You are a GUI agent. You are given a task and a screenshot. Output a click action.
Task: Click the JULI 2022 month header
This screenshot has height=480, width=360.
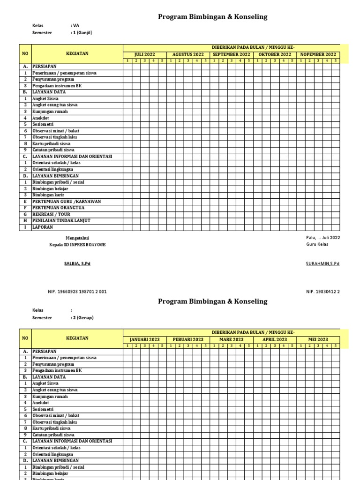point(144,54)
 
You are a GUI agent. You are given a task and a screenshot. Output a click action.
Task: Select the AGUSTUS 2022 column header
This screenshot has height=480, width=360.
point(187,54)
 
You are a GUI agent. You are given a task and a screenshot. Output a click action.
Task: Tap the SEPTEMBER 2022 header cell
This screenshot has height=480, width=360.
point(232,54)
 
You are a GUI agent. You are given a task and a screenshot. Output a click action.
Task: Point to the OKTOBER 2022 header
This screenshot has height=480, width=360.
point(275,54)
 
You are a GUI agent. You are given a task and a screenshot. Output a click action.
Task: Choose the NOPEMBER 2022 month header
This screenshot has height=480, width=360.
point(318,54)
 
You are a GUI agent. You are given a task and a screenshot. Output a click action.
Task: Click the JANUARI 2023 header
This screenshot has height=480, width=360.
point(144,339)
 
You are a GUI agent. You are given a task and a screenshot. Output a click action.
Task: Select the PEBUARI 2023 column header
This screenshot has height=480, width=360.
point(187,339)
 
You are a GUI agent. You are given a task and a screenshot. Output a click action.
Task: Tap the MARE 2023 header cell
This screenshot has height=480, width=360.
point(232,339)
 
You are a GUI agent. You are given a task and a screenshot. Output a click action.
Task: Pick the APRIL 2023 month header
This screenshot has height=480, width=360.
point(275,339)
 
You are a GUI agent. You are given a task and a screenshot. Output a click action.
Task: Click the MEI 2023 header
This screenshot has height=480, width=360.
point(318,339)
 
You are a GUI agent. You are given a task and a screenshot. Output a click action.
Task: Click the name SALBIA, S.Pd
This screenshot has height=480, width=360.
point(77,264)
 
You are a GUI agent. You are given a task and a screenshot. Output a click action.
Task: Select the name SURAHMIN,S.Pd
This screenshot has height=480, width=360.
point(322,264)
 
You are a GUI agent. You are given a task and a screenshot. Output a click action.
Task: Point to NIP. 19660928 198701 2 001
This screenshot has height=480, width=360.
point(77,292)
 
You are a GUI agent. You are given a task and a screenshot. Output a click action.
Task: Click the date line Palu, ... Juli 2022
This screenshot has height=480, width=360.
point(323,238)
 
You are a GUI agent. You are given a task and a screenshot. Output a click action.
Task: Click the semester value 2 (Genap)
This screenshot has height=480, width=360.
point(83,318)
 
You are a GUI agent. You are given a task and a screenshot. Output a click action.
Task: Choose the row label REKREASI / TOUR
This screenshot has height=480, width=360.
point(51,214)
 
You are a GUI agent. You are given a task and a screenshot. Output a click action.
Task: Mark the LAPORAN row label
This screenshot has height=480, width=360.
point(43,227)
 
